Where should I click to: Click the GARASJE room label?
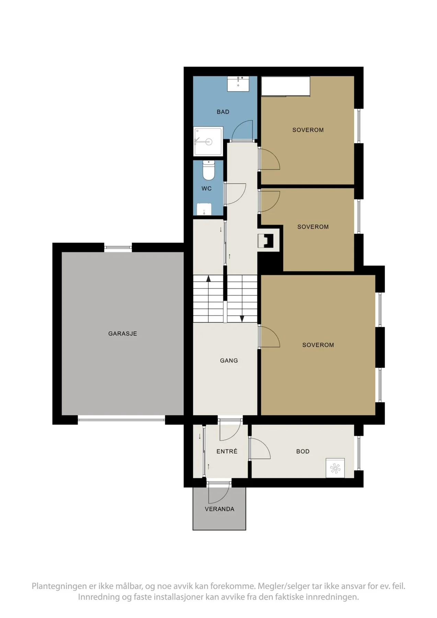(x=123, y=333)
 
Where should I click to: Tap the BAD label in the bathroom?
(x=223, y=112)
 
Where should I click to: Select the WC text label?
(x=206, y=188)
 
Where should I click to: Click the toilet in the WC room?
(x=208, y=170)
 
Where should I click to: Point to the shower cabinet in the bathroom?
(x=208, y=141)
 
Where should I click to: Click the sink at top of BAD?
(x=238, y=84)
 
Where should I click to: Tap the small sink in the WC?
(x=204, y=209)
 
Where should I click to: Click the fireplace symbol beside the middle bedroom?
(x=266, y=240)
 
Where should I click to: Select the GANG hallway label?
(x=229, y=360)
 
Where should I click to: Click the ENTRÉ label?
(x=227, y=451)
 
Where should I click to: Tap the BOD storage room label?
(x=303, y=451)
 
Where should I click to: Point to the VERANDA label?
(x=219, y=509)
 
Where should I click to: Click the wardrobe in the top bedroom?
(x=286, y=86)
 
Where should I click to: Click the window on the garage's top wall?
(x=118, y=247)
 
